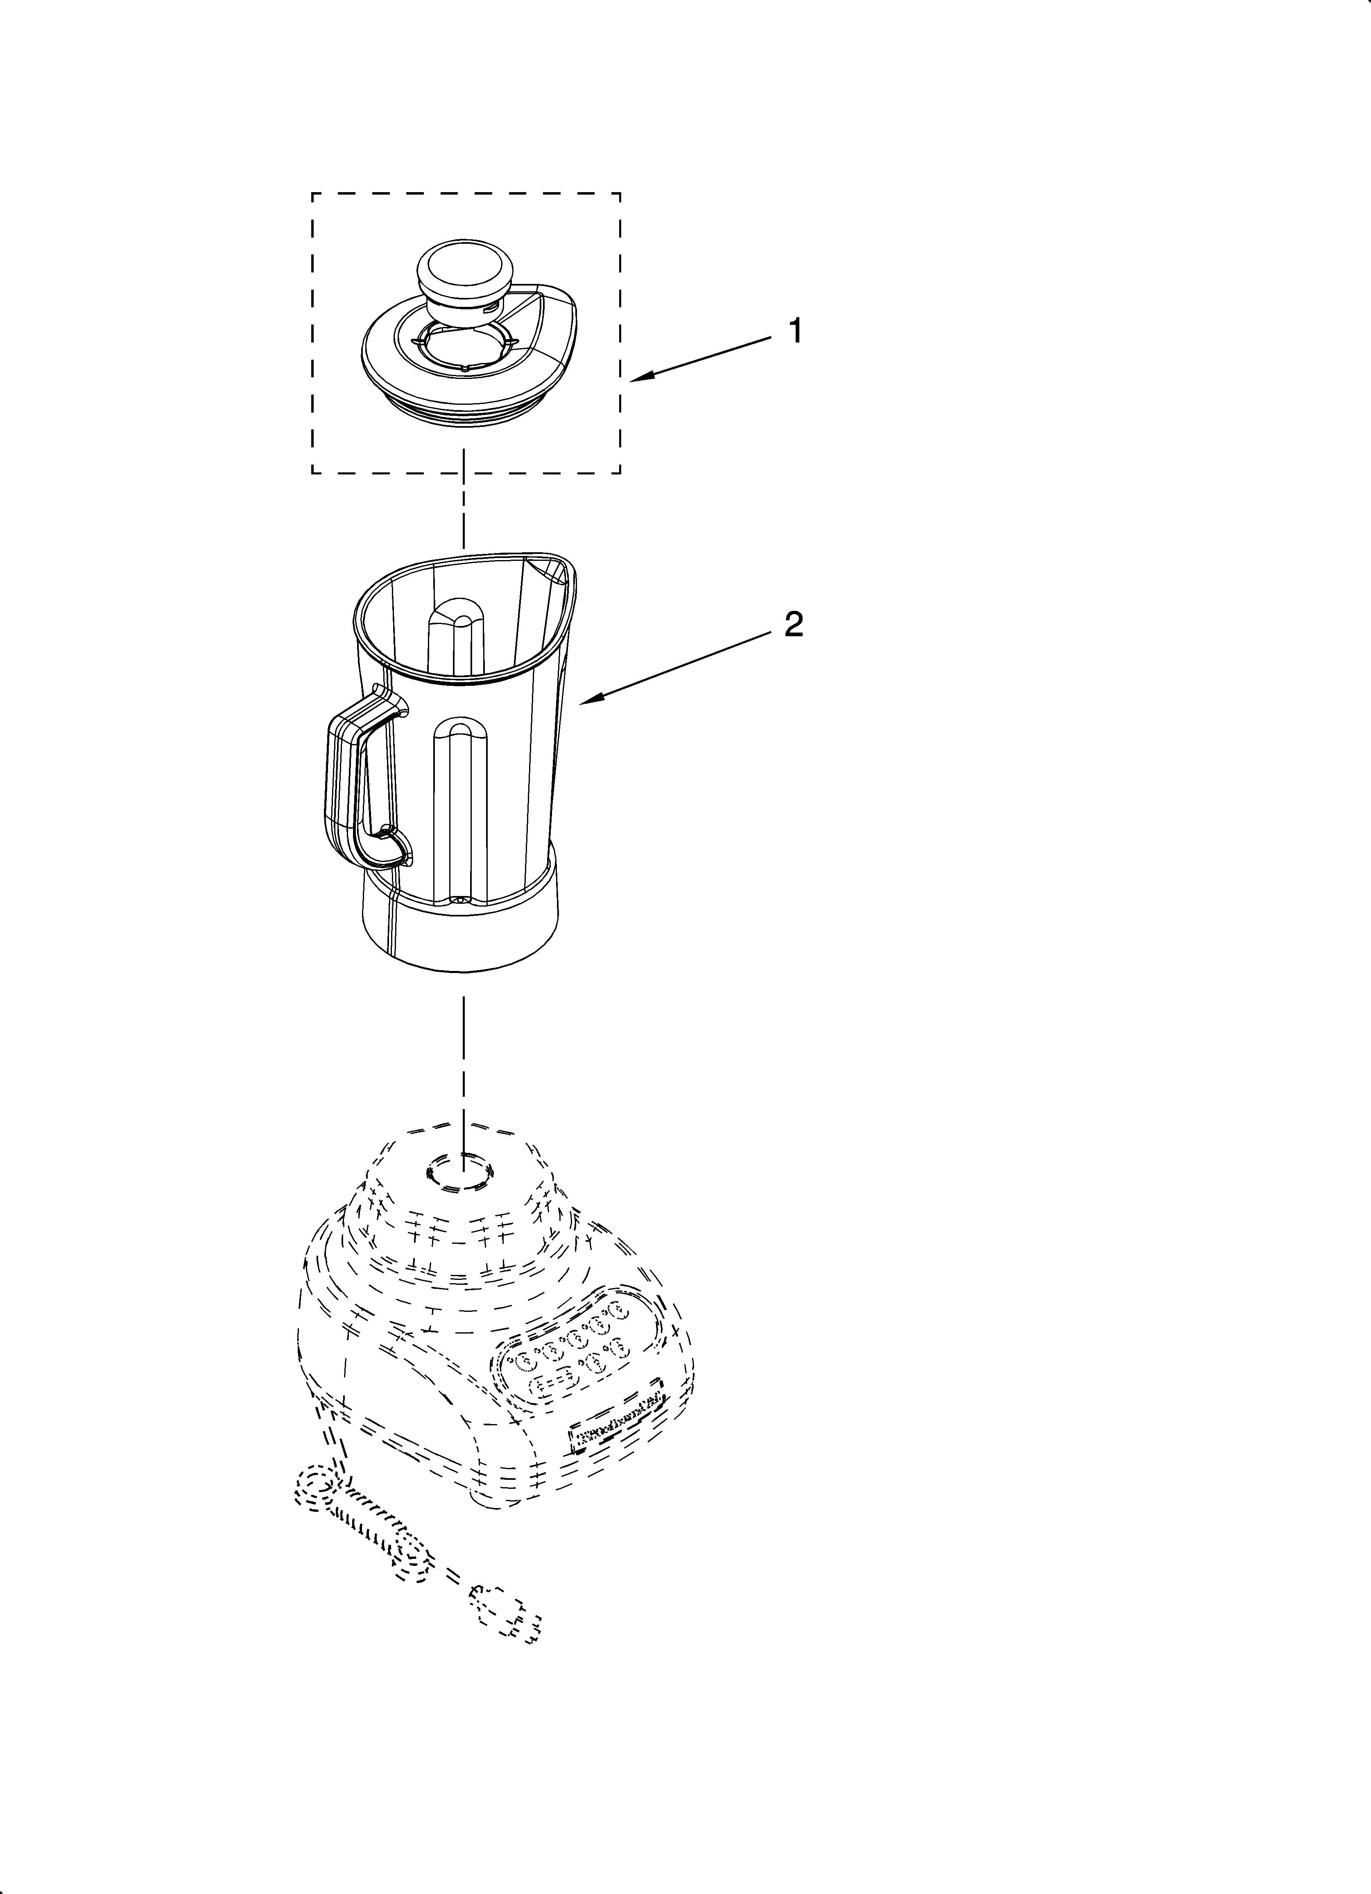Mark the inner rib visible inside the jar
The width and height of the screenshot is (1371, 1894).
[x=455, y=635]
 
